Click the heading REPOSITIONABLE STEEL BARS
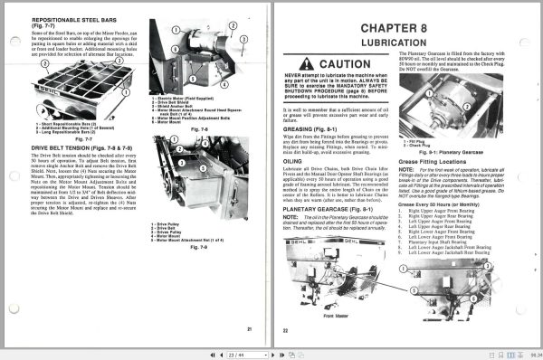[71, 19]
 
